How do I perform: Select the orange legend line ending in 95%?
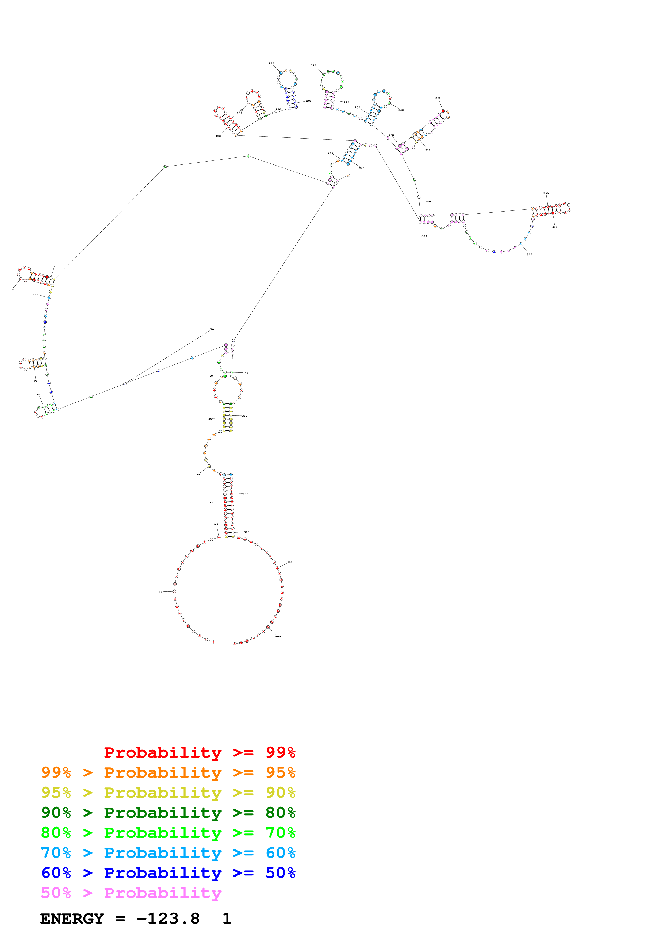point(168,772)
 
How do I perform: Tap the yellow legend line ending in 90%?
point(168,793)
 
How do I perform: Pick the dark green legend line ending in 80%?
point(168,813)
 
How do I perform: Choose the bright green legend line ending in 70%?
point(168,833)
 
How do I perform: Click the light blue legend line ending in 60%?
point(168,853)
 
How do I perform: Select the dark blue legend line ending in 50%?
point(168,873)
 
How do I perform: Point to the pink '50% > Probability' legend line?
point(131,893)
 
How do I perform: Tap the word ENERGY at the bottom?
point(72,918)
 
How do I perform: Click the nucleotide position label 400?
point(278,636)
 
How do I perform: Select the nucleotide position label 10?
point(160,591)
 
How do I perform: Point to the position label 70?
point(212,329)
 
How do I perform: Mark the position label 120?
point(12,290)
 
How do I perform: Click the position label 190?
point(271,63)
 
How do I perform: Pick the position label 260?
point(438,98)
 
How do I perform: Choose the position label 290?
point(546,193)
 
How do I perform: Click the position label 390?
point(290,562)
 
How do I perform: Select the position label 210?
point(313,65)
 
